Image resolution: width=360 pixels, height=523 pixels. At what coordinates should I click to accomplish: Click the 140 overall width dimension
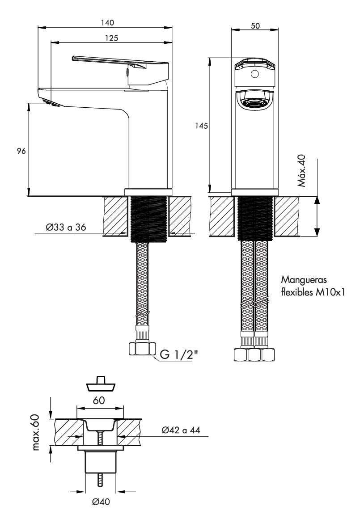coord(107,23)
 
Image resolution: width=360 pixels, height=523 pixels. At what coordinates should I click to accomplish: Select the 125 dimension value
coord(111,38)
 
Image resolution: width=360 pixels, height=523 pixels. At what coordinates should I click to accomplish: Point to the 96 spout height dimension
coord(21,151)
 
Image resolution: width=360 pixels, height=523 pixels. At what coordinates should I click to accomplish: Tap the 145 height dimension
coord(202,126)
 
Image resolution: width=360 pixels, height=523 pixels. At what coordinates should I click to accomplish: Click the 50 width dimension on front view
coord(255,25)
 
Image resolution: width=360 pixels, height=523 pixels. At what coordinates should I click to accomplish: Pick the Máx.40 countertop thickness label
coord(301,170)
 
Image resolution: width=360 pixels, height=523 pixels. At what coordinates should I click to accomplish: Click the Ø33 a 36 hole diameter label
coord(66,227)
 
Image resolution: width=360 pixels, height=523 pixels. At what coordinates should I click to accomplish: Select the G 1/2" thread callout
coord(178,354)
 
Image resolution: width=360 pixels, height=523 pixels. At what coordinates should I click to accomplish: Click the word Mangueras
coord(304,279)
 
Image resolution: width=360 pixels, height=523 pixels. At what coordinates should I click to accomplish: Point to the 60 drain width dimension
coord(99,400)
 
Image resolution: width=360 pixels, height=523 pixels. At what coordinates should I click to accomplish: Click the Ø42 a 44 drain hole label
coord(181,430)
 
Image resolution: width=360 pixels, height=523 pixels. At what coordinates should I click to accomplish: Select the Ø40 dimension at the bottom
coord(101,502)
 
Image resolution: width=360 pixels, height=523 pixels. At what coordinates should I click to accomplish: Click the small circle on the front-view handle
coord(254,74)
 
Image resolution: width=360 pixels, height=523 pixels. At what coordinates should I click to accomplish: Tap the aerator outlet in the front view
coord(255,101)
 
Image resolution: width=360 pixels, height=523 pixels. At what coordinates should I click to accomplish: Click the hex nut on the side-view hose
coord(142,349)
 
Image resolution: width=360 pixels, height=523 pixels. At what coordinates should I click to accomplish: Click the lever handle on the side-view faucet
coord(120,66)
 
